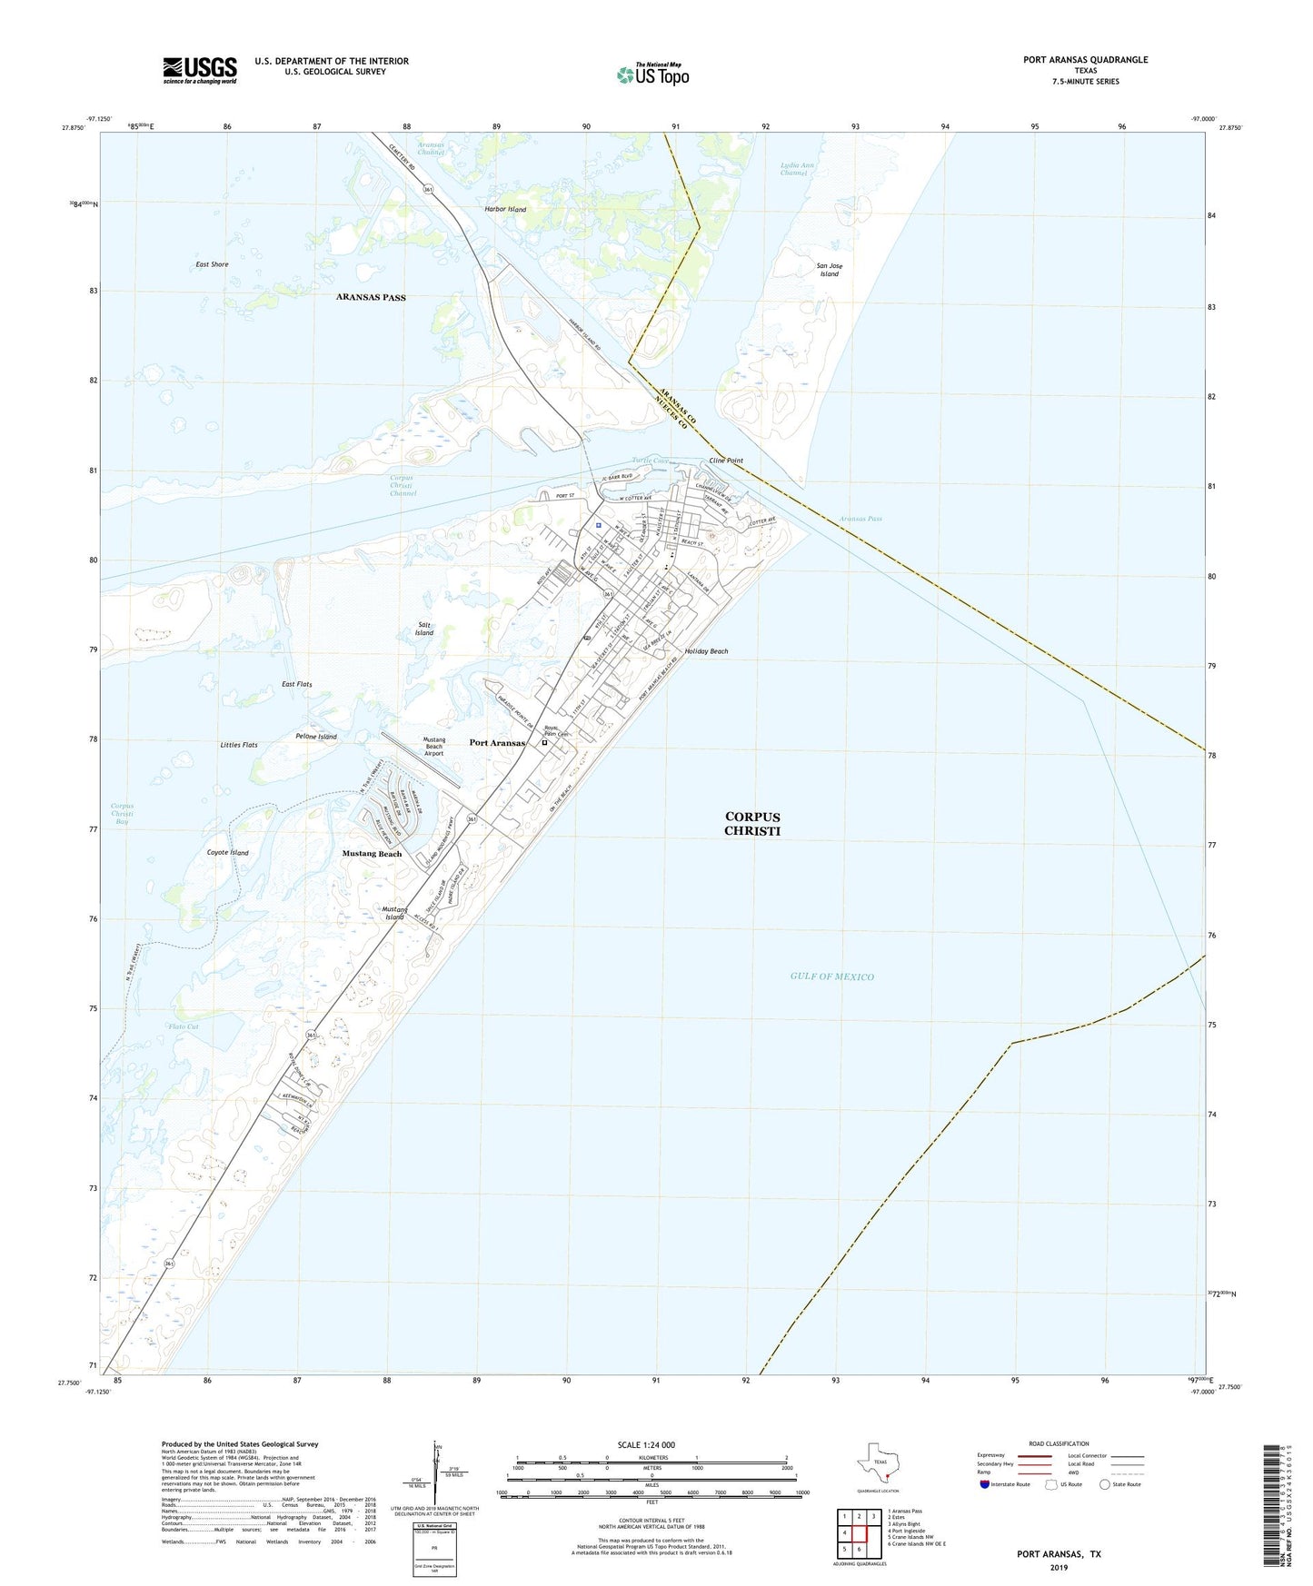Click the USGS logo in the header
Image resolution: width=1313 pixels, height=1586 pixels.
(200, 70)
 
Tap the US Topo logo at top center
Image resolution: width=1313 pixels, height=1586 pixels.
(652, 74)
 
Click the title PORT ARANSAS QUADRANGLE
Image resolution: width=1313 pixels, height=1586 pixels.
(1085, 60)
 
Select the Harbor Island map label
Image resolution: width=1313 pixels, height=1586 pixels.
(505, 209)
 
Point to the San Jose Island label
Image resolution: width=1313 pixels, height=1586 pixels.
(829, 270)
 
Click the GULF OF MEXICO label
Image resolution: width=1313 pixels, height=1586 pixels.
(831, 976)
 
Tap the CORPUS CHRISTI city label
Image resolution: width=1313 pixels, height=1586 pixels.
(751, 823)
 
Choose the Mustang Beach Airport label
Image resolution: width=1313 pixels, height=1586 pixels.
(434, 746)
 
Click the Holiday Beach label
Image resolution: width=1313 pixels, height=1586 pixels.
(706, 651)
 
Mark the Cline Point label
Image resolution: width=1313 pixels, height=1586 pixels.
(726, 461)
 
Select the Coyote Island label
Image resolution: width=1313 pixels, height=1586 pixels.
(227, 853)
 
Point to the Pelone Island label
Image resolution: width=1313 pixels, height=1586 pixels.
(316, 737)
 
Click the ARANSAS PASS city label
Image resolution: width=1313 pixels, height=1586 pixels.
(371, 297)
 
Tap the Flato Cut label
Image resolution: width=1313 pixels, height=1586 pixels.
(183, 1026)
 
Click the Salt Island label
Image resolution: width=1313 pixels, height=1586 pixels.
(424, 629)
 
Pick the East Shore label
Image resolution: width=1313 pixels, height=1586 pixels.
(212, 264)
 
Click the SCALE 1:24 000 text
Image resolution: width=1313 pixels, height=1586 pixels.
(645, 1444)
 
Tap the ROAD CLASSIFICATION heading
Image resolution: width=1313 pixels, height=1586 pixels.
(1059, 1443)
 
